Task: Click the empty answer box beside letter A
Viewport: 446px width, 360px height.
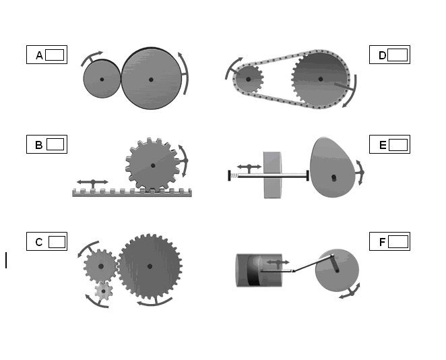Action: click(x=55, y=55)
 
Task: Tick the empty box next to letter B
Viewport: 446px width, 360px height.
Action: click(x=55, y=144)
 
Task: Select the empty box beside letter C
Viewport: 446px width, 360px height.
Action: click(x=57, y=242)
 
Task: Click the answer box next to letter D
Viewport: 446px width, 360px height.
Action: click(x=397, y=55)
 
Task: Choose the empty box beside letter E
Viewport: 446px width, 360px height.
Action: click(x=398, y=145)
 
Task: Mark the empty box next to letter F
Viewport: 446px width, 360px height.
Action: click(x=398, y=242)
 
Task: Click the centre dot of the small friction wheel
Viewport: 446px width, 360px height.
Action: click(x=102, y=80)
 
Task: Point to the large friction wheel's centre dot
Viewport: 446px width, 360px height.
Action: click(x=151, y=80)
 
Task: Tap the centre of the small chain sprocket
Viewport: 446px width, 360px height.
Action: click(x=248, y=79)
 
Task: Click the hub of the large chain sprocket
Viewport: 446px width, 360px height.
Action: click(x=321, y=79)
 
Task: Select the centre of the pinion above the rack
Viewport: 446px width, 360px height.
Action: click(x=153, y=165)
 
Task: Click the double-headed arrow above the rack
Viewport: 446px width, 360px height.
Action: click(x=93, y=182)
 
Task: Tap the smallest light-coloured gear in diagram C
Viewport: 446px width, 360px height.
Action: click(x=103, y=291)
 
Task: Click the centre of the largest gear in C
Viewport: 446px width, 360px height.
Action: click(x=150, y=266)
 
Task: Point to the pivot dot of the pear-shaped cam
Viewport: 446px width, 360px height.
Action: click(x=334, y=177)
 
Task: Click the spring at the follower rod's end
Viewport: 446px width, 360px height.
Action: click(x=234, y=176)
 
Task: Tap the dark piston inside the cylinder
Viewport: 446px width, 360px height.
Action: click(x=254, y=270)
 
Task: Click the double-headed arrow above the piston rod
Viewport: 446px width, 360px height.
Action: click(x=278, y=262)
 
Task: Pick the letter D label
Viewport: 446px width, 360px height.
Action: click(x=382, y=55)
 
